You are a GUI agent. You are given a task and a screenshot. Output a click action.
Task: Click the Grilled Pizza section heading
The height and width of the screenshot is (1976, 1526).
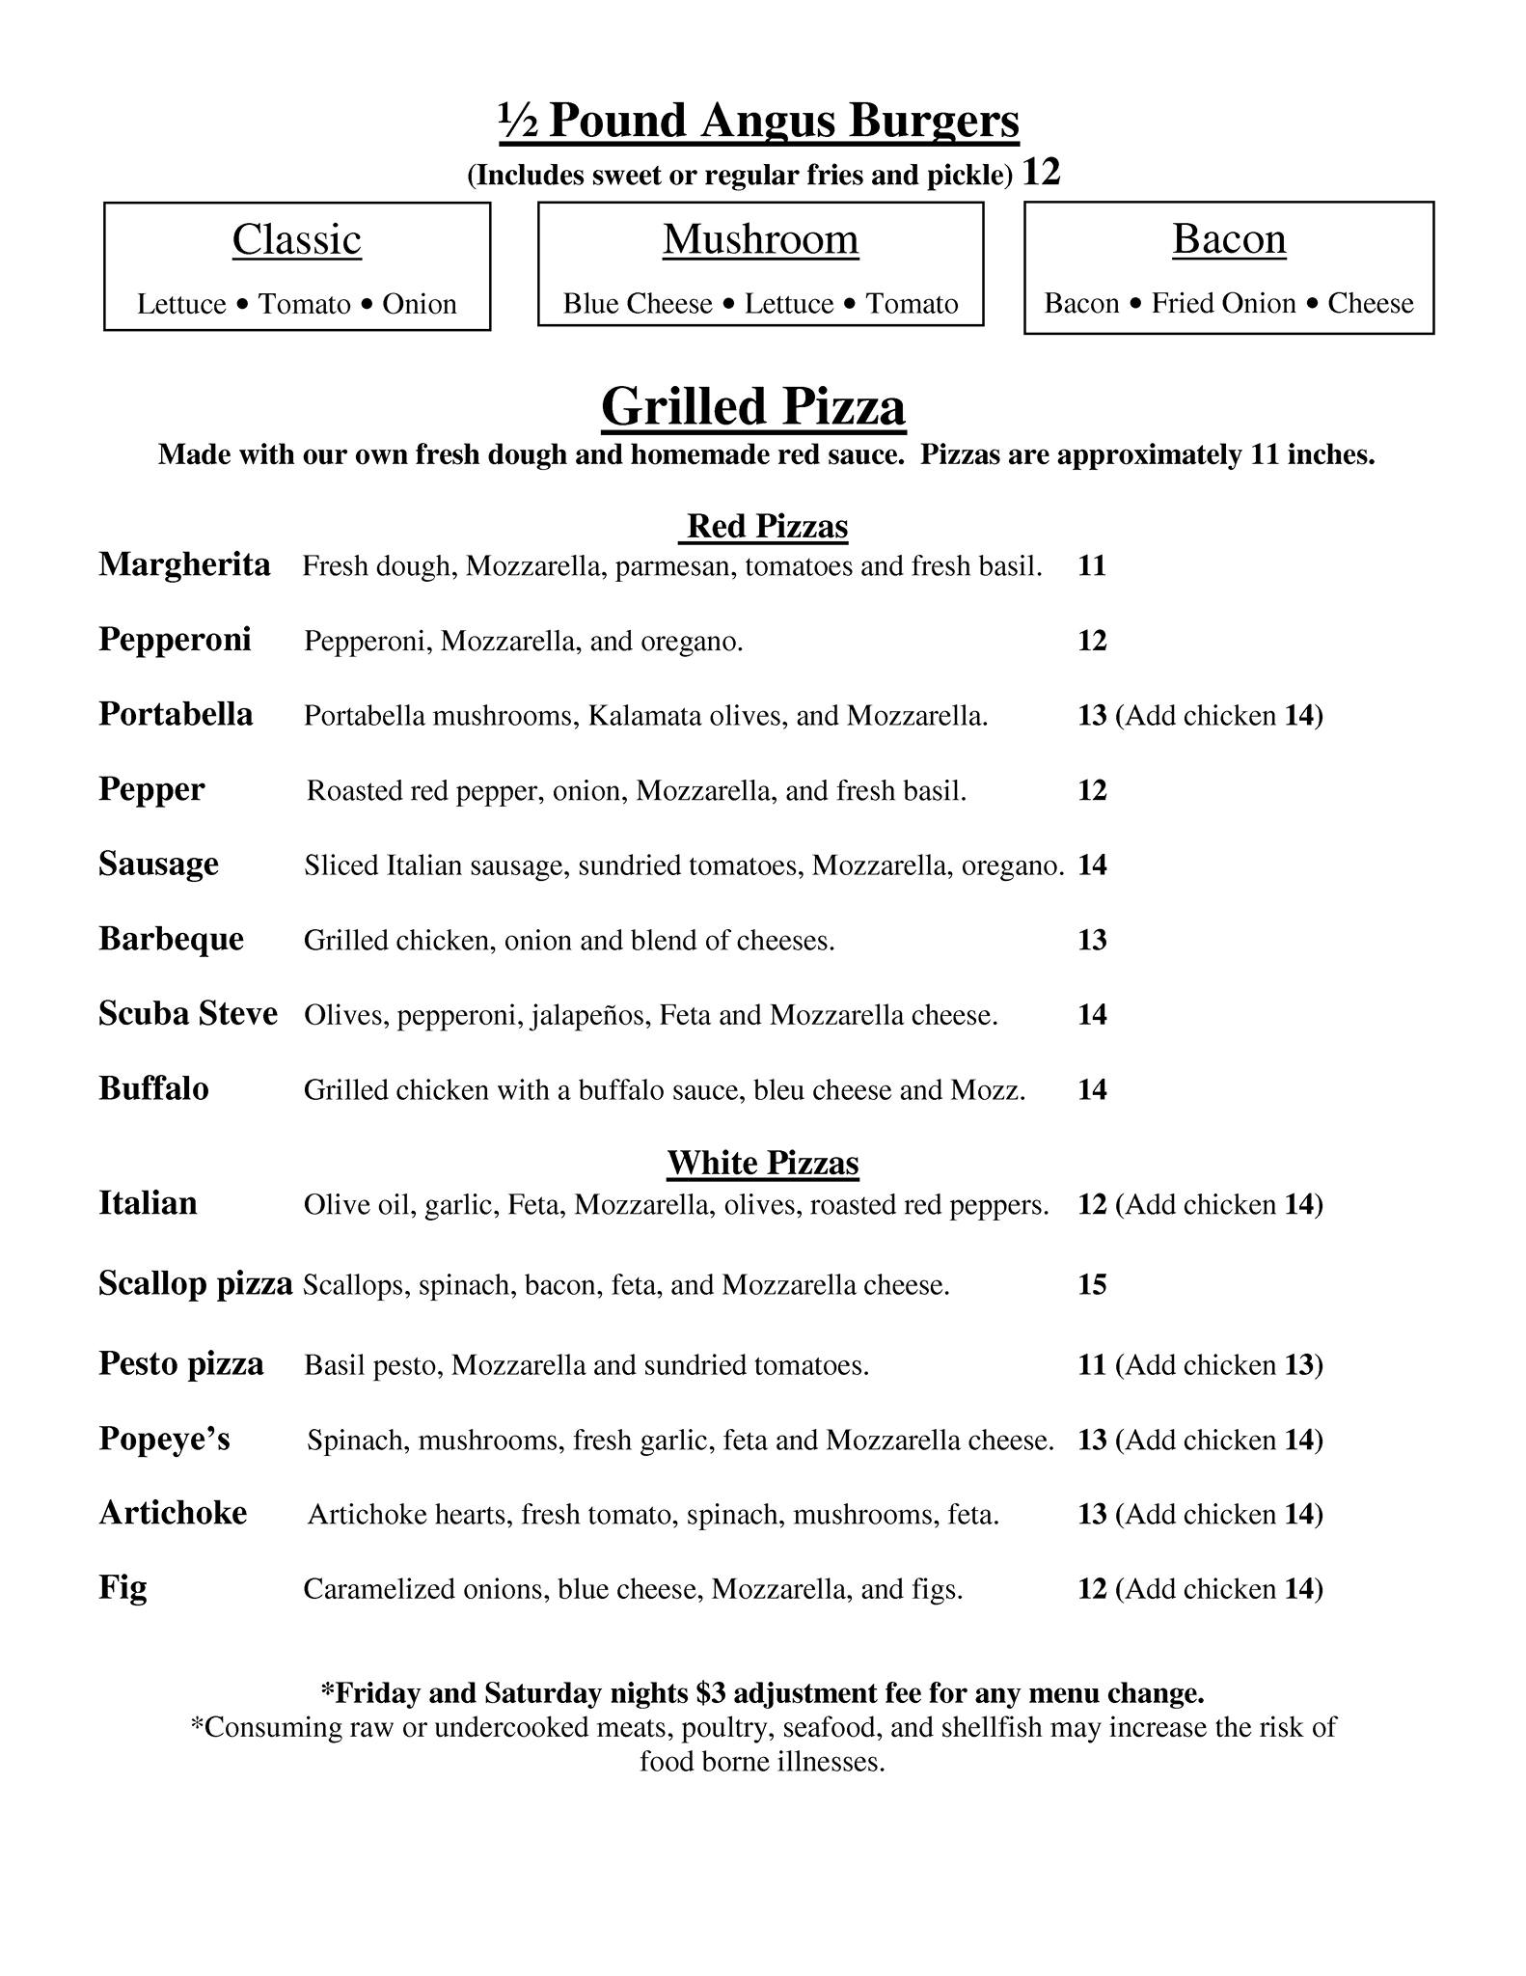(752, 406)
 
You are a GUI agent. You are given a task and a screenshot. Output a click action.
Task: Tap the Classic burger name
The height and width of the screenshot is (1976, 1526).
(296, 239)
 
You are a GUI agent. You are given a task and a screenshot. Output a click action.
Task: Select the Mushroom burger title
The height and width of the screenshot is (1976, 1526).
(760, 239)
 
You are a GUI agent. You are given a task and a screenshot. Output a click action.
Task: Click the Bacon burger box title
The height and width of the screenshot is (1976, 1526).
(1229, 239)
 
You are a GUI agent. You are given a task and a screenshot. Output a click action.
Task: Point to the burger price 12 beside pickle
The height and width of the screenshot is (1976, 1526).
(1041, 173)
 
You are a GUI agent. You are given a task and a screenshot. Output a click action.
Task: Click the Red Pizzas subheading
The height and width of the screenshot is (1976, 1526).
(767, 526)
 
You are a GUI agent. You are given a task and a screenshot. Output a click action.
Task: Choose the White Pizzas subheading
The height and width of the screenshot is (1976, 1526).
(762, 1163)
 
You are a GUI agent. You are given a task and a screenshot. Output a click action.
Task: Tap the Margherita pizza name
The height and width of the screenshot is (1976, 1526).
(184, 564)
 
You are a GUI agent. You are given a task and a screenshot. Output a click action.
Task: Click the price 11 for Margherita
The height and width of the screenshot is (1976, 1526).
(1091, 565)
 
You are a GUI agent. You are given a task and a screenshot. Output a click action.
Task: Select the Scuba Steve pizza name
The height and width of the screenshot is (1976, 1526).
(188, 1014)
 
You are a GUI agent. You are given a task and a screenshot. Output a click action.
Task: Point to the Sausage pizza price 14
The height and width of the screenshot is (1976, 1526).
(1091, 864)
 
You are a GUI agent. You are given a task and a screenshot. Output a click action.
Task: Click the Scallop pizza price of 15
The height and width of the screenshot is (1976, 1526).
(1091, 1285)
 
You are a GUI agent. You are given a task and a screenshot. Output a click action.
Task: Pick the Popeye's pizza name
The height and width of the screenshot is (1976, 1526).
(164, 1439)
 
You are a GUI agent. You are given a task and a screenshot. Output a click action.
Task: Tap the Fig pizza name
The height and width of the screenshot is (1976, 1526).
(123, 1588)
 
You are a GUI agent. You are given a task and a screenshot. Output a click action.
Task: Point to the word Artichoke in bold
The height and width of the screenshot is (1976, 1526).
(173, 1513)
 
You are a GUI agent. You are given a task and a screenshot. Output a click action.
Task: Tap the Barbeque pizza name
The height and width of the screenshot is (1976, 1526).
(171, 939)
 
